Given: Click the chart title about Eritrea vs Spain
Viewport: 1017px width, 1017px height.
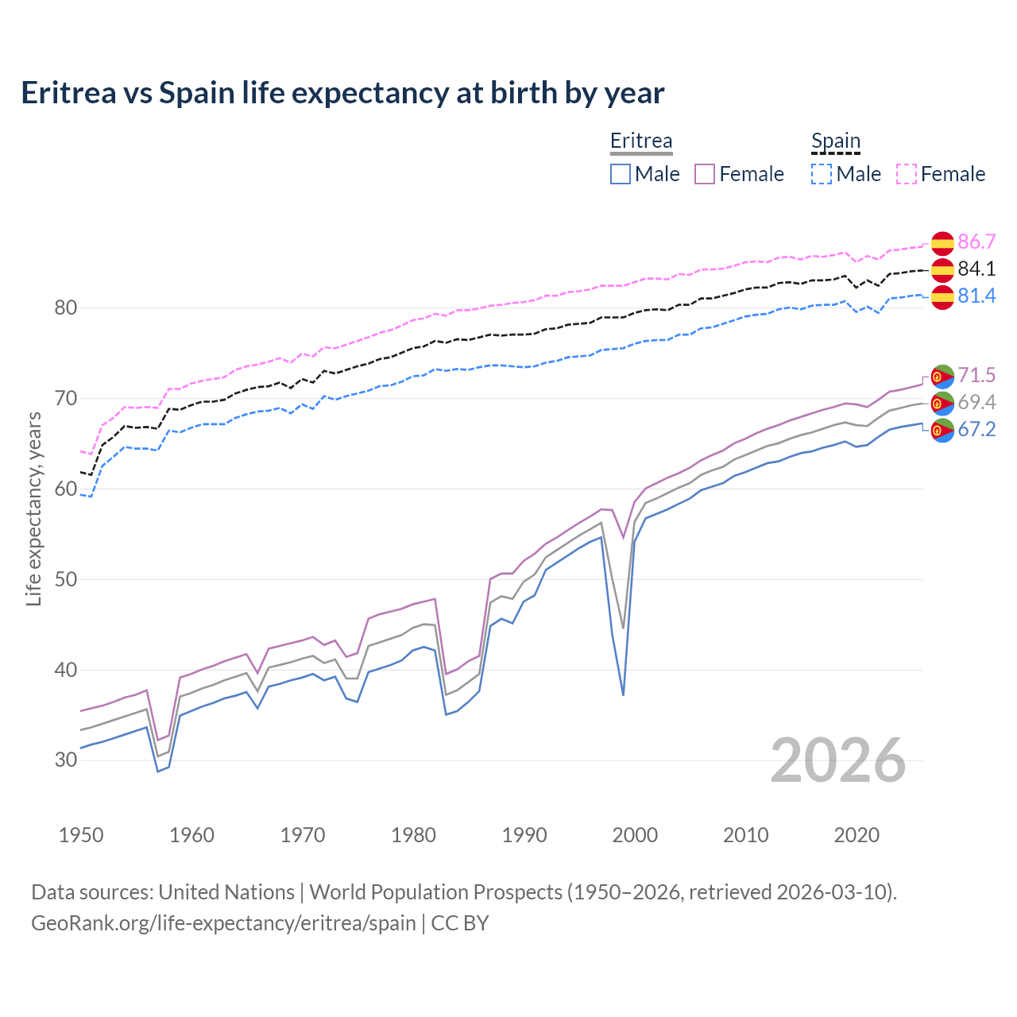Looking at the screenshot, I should (342, 93).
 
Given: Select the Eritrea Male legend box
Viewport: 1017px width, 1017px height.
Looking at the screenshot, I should (621, 174).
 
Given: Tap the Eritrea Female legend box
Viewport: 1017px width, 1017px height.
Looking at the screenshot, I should (705, 174).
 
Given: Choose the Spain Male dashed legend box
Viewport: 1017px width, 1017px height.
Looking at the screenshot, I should (822, 174).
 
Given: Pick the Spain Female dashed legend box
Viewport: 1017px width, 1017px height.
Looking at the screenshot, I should (907, 174).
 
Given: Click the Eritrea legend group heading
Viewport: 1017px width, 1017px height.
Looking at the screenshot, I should (641, 141).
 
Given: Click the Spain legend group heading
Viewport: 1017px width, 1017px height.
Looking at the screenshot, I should (836, 141).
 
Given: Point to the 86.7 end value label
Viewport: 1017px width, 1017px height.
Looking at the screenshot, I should (976, 242).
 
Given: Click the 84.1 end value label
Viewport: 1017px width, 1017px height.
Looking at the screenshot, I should (976, 269).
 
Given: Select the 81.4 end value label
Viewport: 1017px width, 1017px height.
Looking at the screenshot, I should (976, 296).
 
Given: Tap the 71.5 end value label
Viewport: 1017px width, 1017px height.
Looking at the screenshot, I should (976, 375).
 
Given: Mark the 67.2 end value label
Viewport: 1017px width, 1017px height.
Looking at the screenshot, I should (976, 429).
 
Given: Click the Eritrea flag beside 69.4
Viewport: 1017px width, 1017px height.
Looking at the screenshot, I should (942, 403).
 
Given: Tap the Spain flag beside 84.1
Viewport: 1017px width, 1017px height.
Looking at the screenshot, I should (942, 270).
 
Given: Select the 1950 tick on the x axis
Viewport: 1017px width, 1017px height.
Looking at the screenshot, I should (81, 835).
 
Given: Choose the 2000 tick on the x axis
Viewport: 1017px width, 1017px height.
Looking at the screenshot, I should (635, 835).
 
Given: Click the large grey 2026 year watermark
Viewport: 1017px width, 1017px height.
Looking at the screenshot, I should (837, 760).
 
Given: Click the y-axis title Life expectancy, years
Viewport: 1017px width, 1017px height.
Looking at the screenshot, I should (34, 508).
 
